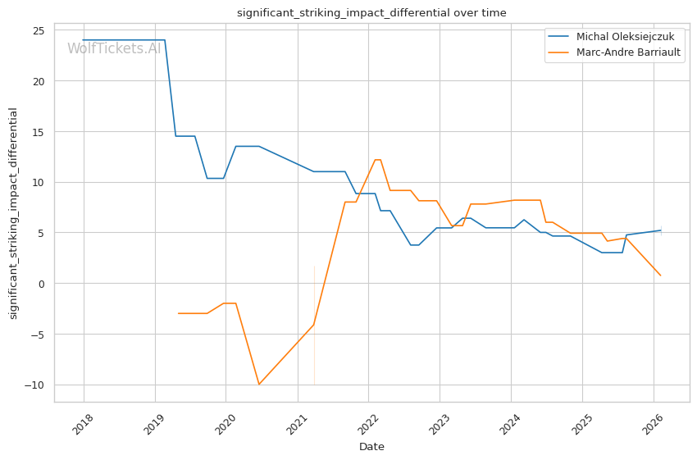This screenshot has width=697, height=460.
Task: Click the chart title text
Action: point(371,13)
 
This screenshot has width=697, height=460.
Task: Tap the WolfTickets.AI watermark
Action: point(114,48)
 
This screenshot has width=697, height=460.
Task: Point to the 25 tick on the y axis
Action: point(38,31)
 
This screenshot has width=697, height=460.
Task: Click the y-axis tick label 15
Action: point(38,132)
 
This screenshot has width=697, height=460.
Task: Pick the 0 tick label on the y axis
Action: point(41,284)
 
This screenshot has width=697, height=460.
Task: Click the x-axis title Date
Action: point(371,447)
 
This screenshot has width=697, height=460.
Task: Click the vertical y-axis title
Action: point(13,212)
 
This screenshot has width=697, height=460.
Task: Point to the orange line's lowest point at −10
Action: point(259,385)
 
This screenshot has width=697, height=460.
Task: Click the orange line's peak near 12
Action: point(377,160)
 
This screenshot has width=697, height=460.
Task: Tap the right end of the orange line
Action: point(660,276)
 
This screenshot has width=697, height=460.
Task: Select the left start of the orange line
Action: point(178,313)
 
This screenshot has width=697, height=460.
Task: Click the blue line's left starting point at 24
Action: point(83,40)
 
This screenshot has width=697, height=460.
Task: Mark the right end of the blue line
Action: point(661,230)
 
